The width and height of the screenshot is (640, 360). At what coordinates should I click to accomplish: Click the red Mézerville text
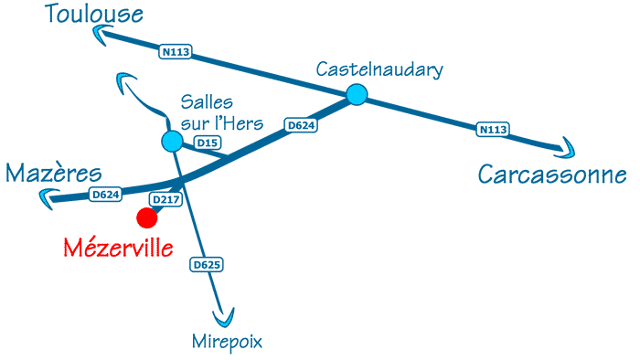click(118, 246)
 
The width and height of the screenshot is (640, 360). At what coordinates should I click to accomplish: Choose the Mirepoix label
click(228, 342)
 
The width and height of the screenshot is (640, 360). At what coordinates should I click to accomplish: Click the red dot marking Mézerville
click(146, 217)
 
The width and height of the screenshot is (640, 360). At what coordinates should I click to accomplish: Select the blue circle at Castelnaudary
click(357, 94)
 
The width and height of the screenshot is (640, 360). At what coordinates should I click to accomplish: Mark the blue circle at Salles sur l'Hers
click(171, 141)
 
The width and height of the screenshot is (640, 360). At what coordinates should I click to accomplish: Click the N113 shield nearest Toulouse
click(176, 52)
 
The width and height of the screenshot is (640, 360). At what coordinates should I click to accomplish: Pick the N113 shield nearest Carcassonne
click(493, 130)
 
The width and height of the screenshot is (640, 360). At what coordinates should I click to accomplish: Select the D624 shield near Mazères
click(106, 194)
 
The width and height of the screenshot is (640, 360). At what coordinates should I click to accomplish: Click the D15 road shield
click(208, 143)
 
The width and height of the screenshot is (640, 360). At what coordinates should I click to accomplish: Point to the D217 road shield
click(165, 199)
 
